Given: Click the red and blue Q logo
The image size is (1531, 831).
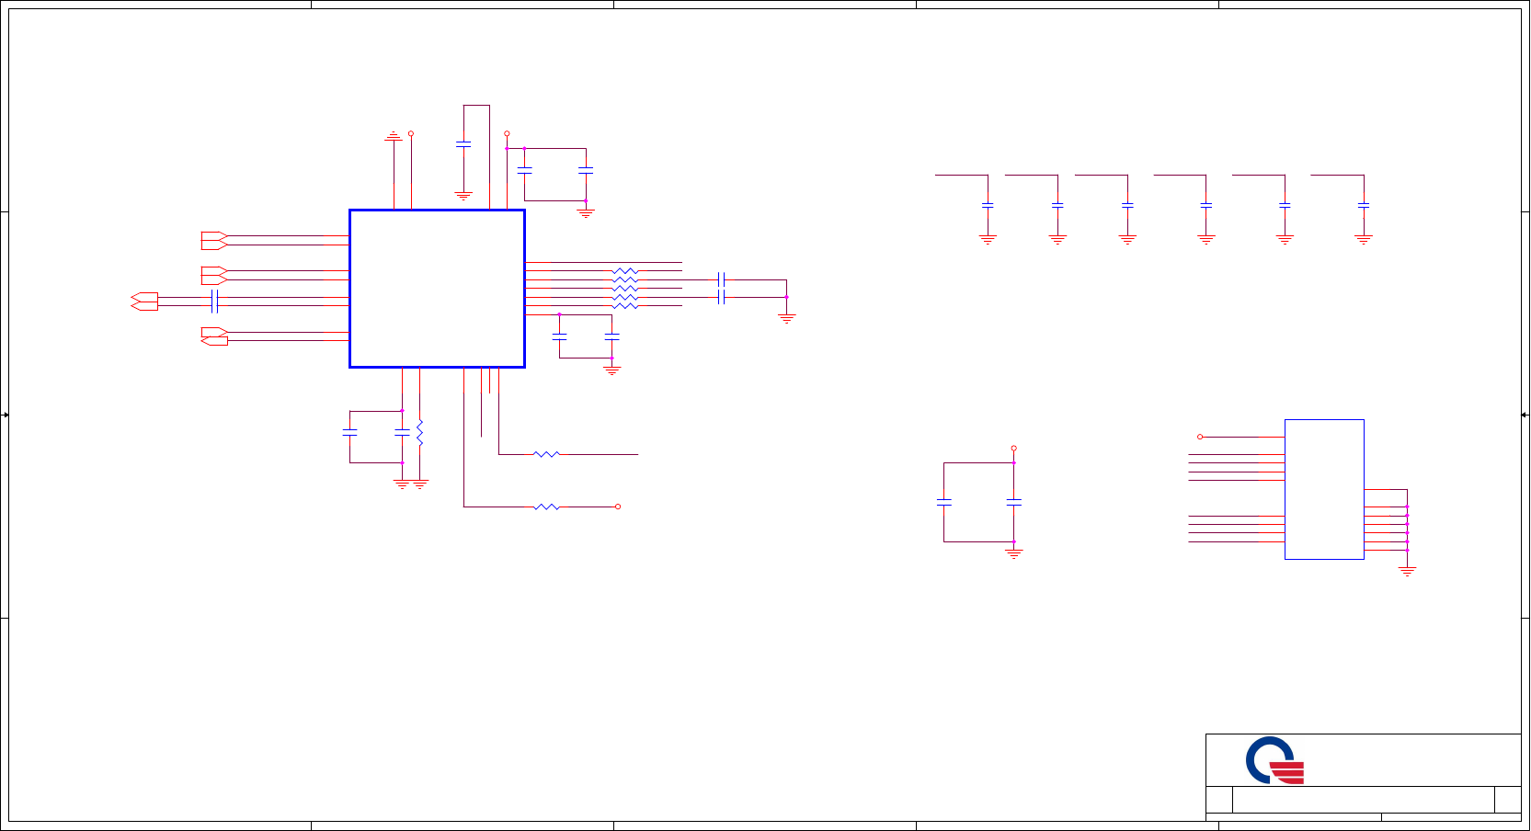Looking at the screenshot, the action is coord(1274,760).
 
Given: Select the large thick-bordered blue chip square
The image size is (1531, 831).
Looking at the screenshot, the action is coord(437,289).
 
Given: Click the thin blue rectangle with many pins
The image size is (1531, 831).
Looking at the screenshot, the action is coord(1323,489).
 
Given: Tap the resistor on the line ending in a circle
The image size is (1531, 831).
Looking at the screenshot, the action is coord(546,507).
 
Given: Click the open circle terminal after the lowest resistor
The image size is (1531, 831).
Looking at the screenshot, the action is coord(618,507).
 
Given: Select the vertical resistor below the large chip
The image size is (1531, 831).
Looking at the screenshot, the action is coord(419,433).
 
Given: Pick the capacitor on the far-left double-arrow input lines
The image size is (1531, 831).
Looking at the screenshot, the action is coord(214,301).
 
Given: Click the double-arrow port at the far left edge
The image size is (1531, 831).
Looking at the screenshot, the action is coord(144,301).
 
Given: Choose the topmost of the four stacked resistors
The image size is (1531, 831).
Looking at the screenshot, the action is coord(624,271).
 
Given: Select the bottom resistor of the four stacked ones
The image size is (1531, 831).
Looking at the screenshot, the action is coord(624,305).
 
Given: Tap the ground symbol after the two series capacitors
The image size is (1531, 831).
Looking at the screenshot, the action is coord(786,317).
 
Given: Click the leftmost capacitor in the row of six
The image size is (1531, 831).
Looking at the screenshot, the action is coord(988,205).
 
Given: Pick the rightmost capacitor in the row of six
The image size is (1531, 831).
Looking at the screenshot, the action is coord(1364,205).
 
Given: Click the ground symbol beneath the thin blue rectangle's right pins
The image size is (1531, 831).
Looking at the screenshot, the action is coord(1407,571).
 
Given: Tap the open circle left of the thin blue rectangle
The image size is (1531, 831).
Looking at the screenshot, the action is coord(1200,437).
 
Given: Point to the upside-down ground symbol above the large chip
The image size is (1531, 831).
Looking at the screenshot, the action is coord(394,137).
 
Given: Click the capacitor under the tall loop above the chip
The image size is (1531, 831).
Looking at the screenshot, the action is coord(463,143).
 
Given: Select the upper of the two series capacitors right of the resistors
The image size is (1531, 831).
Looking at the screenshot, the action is coord(722,279).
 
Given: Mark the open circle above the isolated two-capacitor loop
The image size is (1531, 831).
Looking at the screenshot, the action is coord(1013,449).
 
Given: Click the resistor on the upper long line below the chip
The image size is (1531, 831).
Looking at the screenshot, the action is coord(546,454).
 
